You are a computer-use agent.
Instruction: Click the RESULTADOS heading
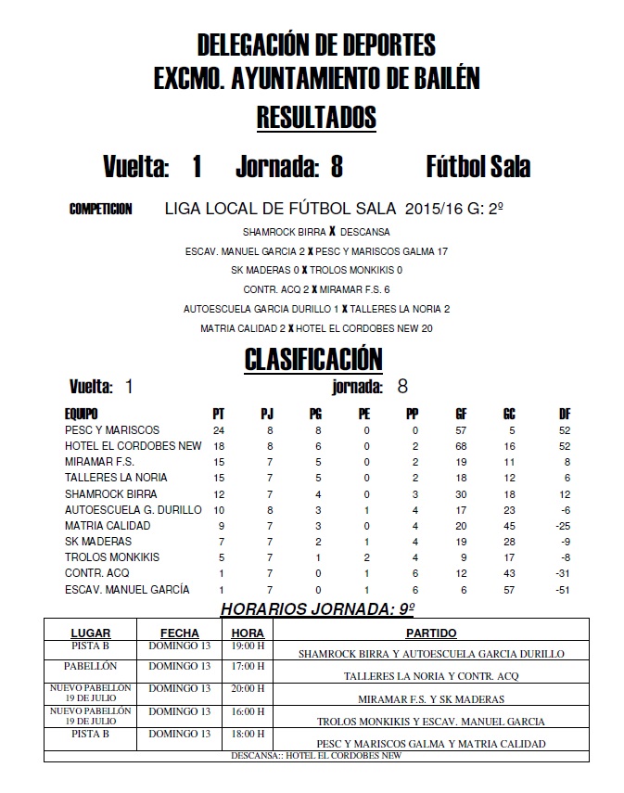315,118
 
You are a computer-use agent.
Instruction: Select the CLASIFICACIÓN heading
312,358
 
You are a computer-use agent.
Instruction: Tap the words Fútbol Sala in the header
478,167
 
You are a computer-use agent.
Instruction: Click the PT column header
219,414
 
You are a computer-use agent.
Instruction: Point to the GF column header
461,414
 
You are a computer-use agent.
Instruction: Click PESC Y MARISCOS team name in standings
112,430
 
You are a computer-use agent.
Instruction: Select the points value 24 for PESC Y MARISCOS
219,430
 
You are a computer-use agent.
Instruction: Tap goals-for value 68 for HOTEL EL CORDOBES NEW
461,446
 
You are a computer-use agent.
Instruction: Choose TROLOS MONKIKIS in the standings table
112,557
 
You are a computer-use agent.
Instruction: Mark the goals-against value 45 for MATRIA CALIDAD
509,526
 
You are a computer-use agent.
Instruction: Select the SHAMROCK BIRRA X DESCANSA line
315,232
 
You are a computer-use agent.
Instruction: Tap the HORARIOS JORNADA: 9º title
314,608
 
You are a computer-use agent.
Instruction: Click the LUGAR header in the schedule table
91,633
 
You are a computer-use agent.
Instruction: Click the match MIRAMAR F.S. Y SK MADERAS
430,699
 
